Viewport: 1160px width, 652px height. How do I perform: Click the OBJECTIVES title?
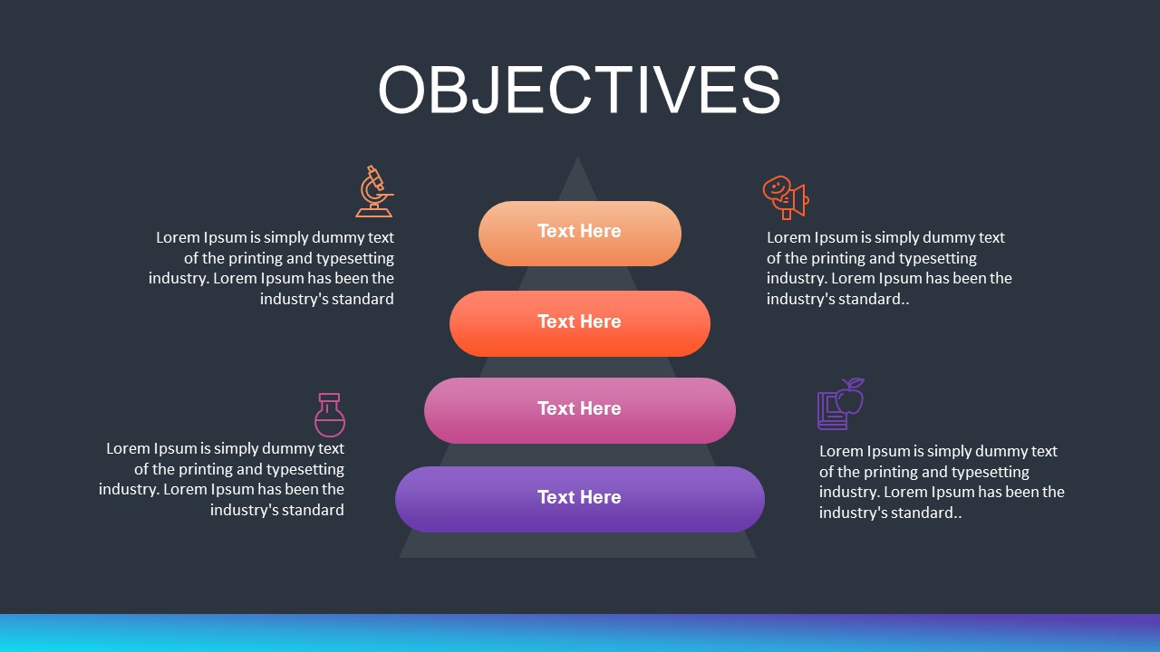(579, 89)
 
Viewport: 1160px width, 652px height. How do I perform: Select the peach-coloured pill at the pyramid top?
(580, 234)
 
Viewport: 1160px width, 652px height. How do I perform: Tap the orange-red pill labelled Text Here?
(580, 323)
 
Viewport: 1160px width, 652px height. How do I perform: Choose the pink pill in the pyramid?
(580, 410)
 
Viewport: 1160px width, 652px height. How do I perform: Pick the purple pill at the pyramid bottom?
(580, 499)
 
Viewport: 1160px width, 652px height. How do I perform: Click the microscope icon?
(374, 191)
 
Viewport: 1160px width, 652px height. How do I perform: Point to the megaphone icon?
(785, 197)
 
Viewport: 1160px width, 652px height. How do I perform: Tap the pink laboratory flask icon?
(330, 415)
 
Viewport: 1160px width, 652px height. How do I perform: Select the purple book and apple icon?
(840, 404)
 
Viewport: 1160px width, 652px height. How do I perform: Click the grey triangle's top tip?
(577, 161)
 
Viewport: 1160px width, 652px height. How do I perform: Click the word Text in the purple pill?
(555, 497)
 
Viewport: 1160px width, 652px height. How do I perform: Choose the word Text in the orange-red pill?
(555, 321)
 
